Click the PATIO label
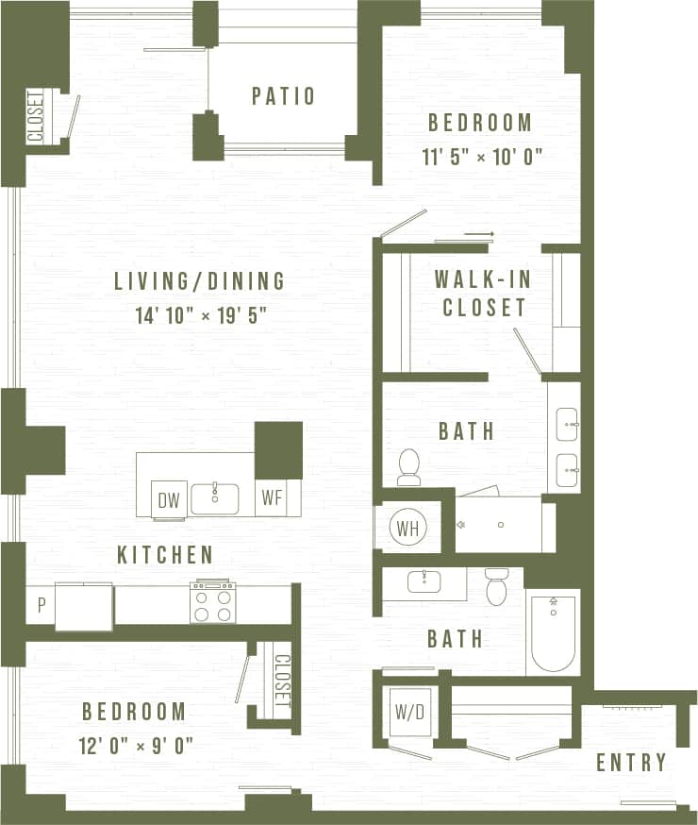coord(283,95)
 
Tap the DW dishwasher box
coord(170,499)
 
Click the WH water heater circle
coord(407,527)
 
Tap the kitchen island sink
coord(214,497)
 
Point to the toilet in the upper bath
coord(409,466)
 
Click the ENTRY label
coord(631,762)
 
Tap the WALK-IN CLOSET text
coord(480,293)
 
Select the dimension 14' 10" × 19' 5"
coord(200,312)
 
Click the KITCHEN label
coord(165,554)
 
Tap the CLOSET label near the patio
coord(36,115)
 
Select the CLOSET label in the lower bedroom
coord(282,681)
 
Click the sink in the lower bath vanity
coord(424,581)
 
